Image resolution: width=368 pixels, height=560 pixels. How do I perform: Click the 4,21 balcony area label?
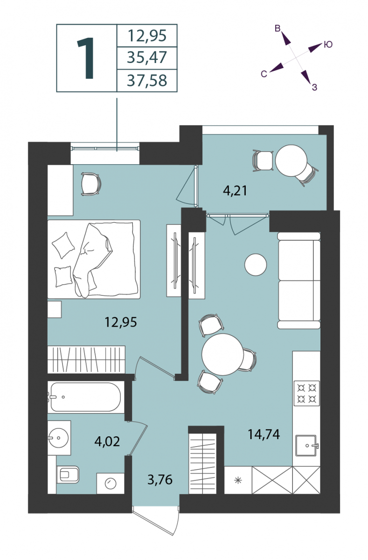(x=235, y=191)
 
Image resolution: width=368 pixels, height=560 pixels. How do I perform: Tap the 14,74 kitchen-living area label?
(x=264, y=434)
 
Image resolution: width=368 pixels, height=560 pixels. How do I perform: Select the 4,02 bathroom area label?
(x=107, y=441)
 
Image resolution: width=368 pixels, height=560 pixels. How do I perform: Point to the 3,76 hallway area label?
(x=160, y=480)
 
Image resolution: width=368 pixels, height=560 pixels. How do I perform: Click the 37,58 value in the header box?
(x=147, y=81)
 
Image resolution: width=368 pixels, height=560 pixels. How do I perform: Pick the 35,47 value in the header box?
(x=147, y=57)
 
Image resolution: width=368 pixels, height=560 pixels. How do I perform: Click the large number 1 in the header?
(x=86, y=58)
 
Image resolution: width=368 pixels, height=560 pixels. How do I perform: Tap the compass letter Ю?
(x=328, y=44)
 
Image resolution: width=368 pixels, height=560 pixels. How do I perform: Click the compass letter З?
(x=314, y=87)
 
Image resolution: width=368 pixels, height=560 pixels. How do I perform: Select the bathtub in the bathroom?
(x=85, y=397)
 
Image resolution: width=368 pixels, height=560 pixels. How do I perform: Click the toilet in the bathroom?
(x=68, y=475)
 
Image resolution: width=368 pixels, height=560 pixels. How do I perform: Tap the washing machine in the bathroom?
(x=110, y=483)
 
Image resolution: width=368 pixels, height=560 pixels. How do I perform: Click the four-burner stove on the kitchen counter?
(x=306, y=393)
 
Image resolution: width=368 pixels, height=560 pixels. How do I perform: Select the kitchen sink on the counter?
(x=306, y=445)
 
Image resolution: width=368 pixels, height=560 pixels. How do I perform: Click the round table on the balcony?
(x=291, y=161)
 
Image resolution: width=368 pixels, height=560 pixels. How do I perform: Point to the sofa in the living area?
(x=299, y=280)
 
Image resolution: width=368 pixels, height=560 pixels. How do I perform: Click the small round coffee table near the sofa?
(x=256, y=265)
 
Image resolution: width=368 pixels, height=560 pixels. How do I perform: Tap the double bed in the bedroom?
(x=94, y=259)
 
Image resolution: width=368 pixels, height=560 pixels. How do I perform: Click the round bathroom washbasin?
(x=58, y=438)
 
